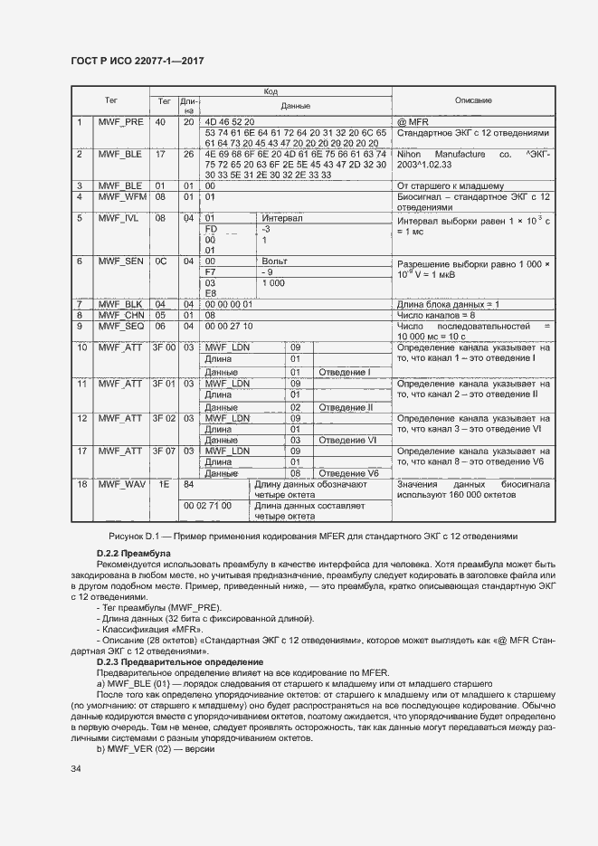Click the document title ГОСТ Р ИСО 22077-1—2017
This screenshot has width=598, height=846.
coord(137,61)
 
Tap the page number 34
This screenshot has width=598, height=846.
coord(77,768)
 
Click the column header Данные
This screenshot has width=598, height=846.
coord(295,106)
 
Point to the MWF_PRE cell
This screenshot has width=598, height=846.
coord(121,121)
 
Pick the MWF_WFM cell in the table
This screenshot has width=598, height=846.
coord(121,196)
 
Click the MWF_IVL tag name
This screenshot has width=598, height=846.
coord(121,218)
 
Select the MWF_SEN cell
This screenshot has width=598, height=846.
coord(121,261)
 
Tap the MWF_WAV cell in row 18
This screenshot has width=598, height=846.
coord(121,484)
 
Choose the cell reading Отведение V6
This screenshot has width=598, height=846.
coord(347,473)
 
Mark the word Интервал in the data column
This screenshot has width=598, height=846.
coord(281,218)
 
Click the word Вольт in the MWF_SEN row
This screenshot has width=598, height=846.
coord(274,261)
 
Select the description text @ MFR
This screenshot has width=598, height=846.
coord(413,121)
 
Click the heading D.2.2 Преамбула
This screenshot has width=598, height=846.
coord(132,553)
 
